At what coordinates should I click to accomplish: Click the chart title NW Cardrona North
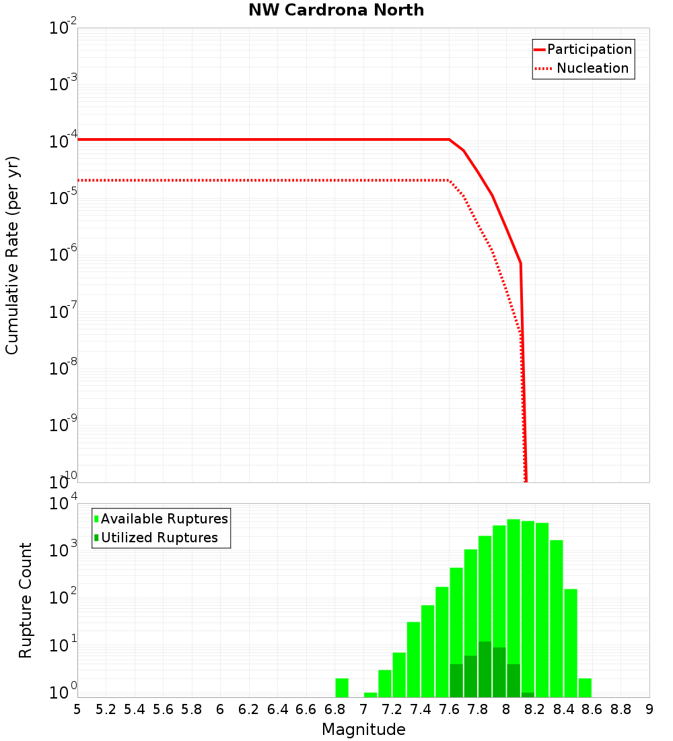pos(336,10)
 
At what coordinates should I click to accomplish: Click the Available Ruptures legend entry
pos(164,519)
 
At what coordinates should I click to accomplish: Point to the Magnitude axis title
pos(363,730)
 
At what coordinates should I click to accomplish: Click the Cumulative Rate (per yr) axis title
pos(12,255)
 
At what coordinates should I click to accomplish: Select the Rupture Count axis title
pos(26,600)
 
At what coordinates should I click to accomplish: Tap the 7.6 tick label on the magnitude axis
pos(449,709)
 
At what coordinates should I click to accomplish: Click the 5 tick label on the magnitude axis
pos(77,709)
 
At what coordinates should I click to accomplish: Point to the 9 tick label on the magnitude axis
pos(649,709)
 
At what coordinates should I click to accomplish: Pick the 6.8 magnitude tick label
pos(334,709)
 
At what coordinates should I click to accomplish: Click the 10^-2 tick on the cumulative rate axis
pos(63,28)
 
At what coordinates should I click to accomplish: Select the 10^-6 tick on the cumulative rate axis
pos(63,255)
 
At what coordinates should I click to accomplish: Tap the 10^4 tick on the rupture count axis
pos(63,505)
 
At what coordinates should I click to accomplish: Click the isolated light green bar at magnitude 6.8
pos(342,688)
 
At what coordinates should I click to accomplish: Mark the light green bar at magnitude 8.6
pos(585,688)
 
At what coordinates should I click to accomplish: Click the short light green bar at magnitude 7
pos(370,695)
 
